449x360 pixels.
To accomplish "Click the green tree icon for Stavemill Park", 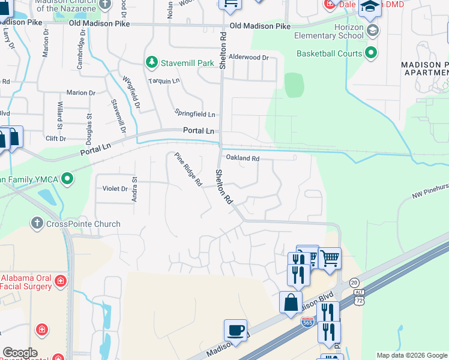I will coord(152,62).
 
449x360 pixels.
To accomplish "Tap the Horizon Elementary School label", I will coord(330,32).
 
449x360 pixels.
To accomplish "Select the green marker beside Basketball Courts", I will coord(371,53).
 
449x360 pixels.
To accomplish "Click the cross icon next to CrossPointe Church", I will coord(37,224).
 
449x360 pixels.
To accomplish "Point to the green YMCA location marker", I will coord(67,178).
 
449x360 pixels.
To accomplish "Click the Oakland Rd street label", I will coord(242,158).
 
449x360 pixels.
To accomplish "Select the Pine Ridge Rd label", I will coord(188,170).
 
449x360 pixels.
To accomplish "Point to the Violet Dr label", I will coord(115,188).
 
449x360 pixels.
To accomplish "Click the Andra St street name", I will coord(135,188).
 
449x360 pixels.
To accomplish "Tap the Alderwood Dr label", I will coord(250,58).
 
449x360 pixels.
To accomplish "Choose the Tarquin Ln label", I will coord(164,80).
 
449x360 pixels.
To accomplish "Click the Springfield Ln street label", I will coord(194,113).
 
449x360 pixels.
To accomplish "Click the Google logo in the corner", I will coord(19,353).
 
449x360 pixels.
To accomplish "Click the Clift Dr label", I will coord(55,139).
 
